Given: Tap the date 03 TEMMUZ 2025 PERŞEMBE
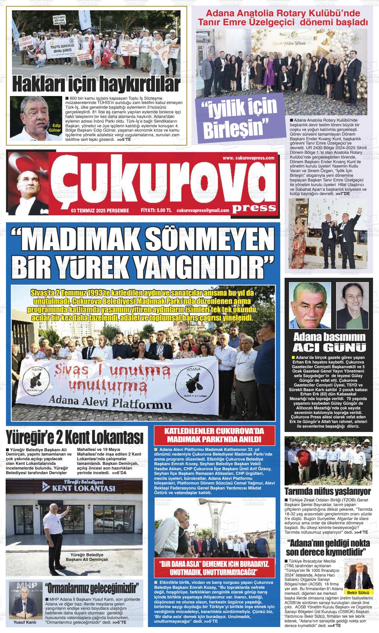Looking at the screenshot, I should (x=100, y=210).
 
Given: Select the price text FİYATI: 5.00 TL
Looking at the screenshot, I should (x=156, y=210).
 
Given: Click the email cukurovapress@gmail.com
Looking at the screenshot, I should (x=203, y=210).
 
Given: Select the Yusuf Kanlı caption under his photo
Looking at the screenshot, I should (x=25, y=622).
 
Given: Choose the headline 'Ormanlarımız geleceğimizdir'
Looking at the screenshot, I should (x=93, y=588).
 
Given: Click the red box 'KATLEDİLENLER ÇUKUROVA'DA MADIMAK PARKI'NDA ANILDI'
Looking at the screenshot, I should (x=214, y=435).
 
